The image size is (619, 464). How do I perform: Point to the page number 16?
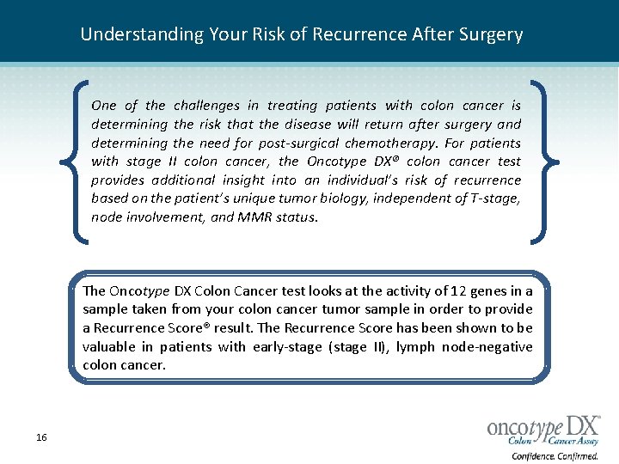coord(41,438)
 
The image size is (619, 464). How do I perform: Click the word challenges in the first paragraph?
coord(207,106)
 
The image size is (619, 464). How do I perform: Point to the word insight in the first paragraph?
coord(243,180)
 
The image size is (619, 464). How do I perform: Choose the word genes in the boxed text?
coord(496,290)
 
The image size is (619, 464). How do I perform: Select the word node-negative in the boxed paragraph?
coord(493,347)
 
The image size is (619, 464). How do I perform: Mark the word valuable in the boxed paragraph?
coord(108,347)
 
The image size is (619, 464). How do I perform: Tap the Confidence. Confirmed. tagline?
coord(555,456)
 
